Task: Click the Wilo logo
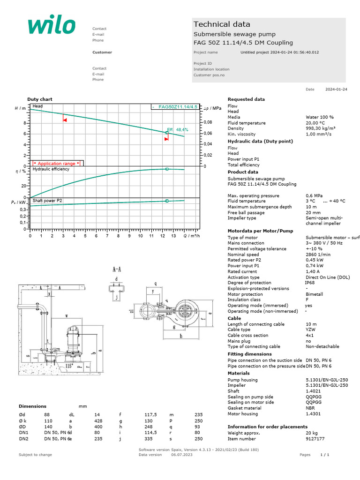click(51, 26)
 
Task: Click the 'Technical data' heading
click(222, 24)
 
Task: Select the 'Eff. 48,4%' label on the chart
click(178, 130)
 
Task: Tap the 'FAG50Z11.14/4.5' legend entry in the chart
click(178, 107)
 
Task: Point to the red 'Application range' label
click(56, 164)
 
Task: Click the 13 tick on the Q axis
click(173, 236)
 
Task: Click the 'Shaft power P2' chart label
click(47, 201)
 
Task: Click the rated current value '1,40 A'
click(313, 271)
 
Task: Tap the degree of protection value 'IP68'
click(310, 283)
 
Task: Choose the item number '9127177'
click(315, 439)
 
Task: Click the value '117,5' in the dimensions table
click(150, 415)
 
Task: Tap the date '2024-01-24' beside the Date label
click(336, 89)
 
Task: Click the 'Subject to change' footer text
click(35, 455)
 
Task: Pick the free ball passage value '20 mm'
click(311, 212)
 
